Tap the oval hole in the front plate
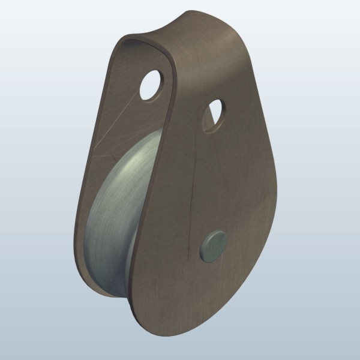213,116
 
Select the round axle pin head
212,245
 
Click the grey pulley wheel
114,216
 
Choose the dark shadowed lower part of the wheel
102,264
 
